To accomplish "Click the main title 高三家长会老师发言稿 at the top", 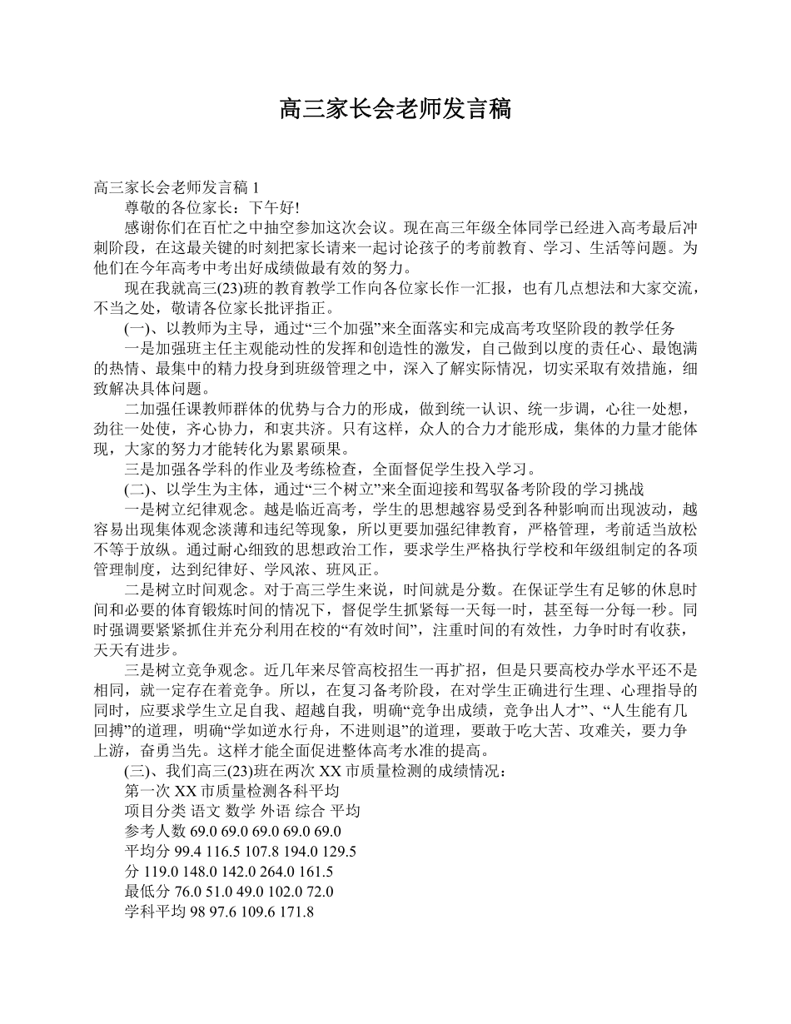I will click(x=395, y=108).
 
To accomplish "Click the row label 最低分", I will click(x=143, y=892).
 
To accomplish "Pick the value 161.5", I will click(x=316, y=872).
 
